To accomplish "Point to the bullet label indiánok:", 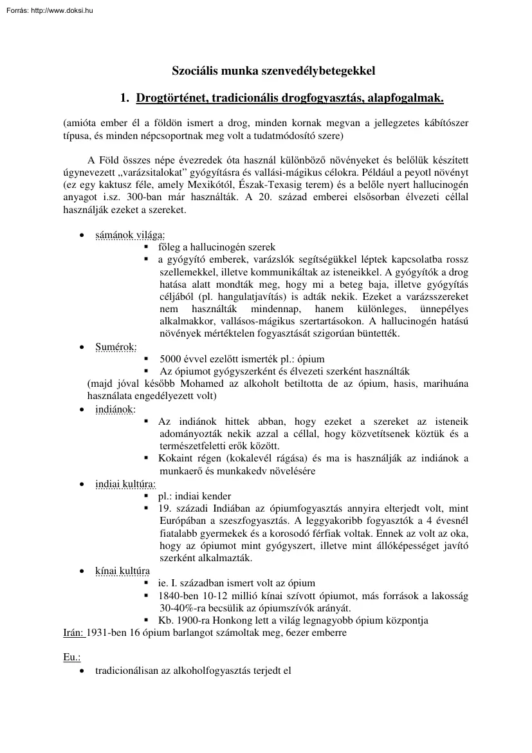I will [115, 409].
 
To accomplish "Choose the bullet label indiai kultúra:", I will [125, 483].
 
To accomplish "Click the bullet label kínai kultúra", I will [122, 570].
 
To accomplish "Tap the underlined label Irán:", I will [73, 633].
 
